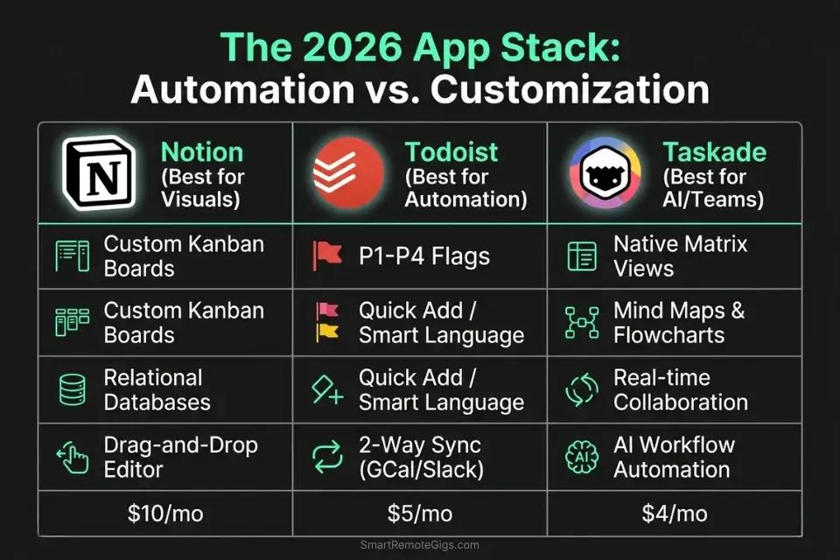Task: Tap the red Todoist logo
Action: click(x=348, y=173)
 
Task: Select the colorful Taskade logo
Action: click(x=605, y=173)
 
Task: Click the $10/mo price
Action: click(x=164, y=513)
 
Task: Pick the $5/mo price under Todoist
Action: click(x=420, y=513)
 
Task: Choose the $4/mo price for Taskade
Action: click(x=674, y=513)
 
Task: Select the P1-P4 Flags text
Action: click(x=423, y=256)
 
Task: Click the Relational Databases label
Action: click(x=157, y=390)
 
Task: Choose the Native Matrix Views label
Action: click(x=680, y=255)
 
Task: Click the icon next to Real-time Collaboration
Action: click(x=582, y=390)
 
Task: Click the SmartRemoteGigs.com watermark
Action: click(x=420, y=545)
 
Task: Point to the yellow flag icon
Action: click(x=326, y=332)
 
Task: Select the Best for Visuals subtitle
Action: click(x=202, y=187)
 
